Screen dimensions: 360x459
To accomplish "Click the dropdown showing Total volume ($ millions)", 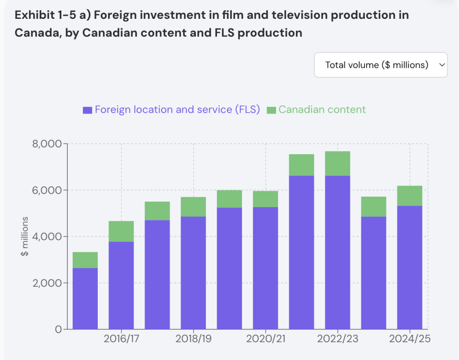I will tap(380, 65).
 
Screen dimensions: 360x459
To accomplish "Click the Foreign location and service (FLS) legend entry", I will tap(172, 110).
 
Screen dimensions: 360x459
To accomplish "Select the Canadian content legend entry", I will tap(316, 110).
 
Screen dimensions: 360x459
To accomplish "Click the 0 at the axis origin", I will tap(58, 330).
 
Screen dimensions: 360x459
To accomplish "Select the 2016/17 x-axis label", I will tap(121, 339).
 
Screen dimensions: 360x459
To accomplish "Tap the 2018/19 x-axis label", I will tap(193, 339).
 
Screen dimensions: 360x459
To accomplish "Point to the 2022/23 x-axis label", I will tap(337, 339).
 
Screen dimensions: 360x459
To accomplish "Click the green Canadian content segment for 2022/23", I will tap(337, 164).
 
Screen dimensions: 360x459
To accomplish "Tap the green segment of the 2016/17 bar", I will tap(121, 231).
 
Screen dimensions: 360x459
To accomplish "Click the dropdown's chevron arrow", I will tap(441, 65).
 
